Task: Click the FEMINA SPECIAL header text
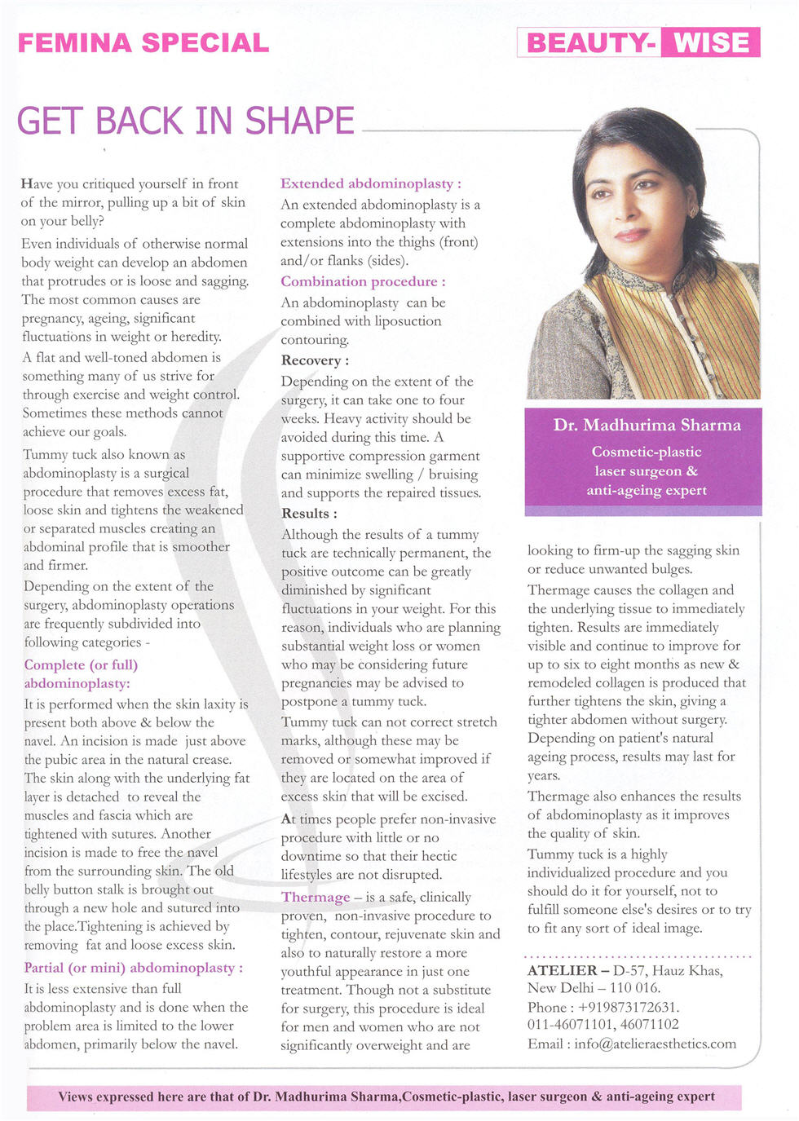[x=143, y=43]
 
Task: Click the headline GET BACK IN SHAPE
[x=186, y=121]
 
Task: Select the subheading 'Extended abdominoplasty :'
[x=371, y=183]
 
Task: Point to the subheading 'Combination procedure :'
[x=363, y=281]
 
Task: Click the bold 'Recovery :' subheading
[x=315, y=360]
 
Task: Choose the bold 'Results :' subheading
[x=309, y=514]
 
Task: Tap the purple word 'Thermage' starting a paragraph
[x=316, y=897]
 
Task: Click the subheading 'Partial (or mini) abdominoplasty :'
[x=134, y=968]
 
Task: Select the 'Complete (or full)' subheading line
[x=81, y=664]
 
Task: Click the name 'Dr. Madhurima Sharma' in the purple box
[x=647, y=425]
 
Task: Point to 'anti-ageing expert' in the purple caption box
[x=647, y=490]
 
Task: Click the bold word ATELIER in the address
[x=563, y=970]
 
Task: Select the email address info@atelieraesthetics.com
[x=655, y=1044]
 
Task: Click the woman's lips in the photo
[x=630, y=235]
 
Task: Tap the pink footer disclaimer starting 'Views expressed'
[x=386, y=1097]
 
